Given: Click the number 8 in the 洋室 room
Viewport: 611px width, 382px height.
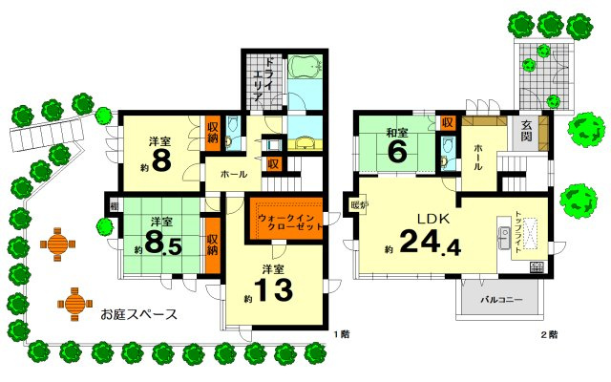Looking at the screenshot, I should tap(161, 159).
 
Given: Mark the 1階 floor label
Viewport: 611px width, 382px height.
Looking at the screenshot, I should tap(342, 334).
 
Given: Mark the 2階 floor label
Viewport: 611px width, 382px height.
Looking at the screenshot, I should tap(547, 334).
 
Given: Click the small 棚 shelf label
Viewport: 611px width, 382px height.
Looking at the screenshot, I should tap(113, 204).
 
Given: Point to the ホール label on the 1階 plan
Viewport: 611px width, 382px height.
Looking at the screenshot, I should tap(234, 175).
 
